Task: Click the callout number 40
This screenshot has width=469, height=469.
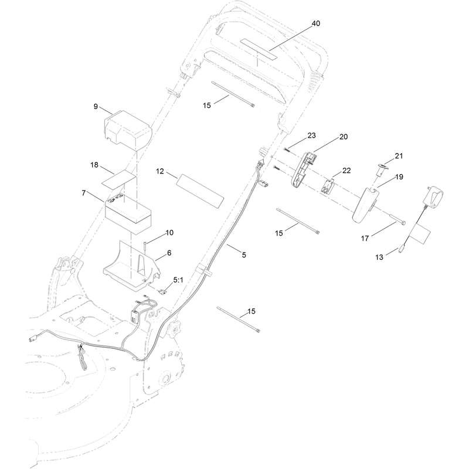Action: [x=316, y=23]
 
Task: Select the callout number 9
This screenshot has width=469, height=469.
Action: [x=96, y=107]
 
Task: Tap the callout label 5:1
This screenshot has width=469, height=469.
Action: [x=178, y=280]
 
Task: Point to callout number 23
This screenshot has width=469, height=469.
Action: [x=312, y=135]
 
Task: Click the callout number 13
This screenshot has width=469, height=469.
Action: [x=379, y=257]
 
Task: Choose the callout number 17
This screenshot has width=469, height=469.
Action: [x=365, y=239]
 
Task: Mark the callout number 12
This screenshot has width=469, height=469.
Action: [x=160, y=171]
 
